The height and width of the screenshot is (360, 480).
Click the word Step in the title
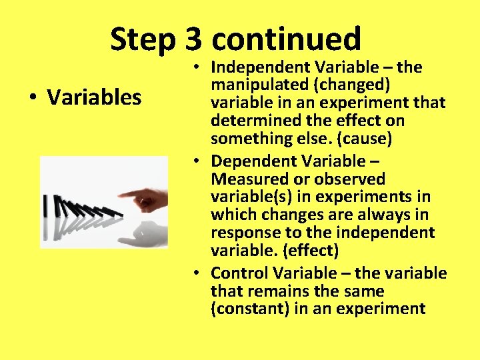142,40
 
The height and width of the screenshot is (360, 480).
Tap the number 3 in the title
193,40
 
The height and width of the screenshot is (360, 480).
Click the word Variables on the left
94,97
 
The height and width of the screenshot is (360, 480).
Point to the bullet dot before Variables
32,98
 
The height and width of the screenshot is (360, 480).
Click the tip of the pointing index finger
121,195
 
